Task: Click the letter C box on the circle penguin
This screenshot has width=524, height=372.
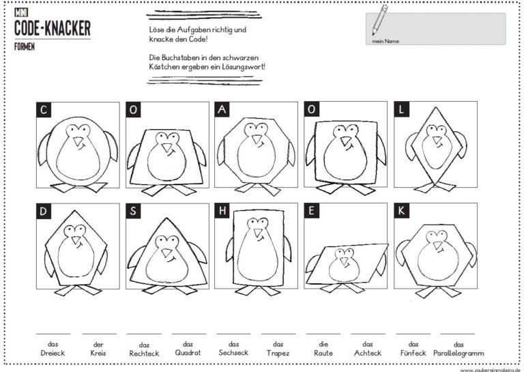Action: click(44, 110)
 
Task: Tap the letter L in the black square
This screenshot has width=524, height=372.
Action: click(402, 110)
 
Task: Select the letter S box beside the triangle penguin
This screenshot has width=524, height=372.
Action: click(134, 211)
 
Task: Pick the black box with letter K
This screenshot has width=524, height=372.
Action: click(402, 211)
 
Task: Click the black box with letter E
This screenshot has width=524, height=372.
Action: click(312, 211)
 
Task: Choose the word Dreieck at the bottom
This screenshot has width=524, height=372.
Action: click(52, 353)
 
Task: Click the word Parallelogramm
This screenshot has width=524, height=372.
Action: click(458, 353)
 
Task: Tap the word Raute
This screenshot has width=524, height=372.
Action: click(323, 353)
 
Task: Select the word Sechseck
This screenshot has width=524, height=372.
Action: click(233, 353)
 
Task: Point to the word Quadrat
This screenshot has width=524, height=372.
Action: click(188, 353)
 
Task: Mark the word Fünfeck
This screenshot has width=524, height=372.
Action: click(413, 353)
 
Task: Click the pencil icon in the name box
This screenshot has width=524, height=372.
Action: click(379, 20)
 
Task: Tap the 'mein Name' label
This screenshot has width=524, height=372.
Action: click(385, 41)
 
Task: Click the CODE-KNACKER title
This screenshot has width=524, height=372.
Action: click(52, 29)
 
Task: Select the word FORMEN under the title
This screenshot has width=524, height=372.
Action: click(25, 47)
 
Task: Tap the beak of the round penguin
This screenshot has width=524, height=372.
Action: click(79, 142)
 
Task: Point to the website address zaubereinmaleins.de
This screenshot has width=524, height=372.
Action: click(490, 368)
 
